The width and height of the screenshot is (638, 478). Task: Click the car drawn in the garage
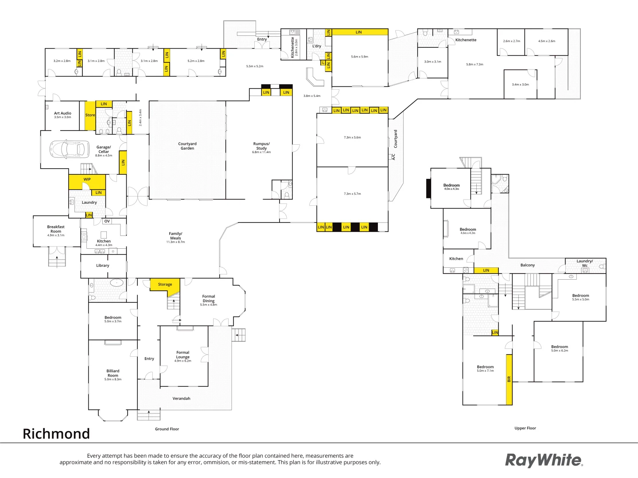[67, 149]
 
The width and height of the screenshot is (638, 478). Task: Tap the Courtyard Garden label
[187, 146]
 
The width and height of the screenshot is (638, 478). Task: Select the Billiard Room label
[113, 373]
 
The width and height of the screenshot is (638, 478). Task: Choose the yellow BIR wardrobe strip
[509, 379]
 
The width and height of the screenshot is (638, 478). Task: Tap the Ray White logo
[544, 460]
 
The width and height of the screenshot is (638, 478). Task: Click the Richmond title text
[56, 434]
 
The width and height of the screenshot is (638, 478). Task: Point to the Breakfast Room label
[56, 229]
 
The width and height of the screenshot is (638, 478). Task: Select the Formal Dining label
[209, 298]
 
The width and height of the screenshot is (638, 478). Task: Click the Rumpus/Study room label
[261, 146]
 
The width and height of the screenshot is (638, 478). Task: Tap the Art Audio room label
[62, 113]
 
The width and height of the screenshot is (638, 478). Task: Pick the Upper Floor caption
[525, 428]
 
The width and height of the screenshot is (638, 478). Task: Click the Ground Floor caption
[167, 429]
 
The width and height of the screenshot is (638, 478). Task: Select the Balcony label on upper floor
[527, 265]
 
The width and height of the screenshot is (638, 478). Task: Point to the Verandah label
[181, 398]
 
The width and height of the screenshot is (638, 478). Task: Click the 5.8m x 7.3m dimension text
[475, 64]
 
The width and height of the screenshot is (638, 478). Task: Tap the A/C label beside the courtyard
[393, 157]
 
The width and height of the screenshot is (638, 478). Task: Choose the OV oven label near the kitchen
[107, 221]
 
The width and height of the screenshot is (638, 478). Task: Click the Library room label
[102, 266]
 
